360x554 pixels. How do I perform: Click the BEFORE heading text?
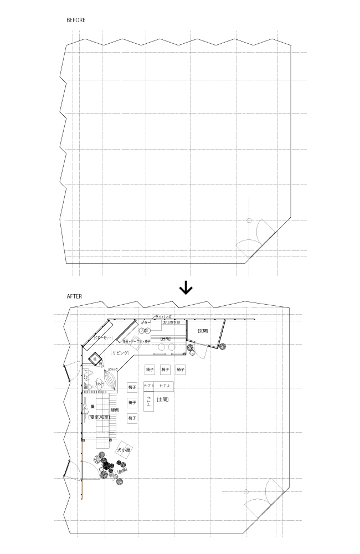pos(76,20)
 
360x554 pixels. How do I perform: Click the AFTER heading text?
pos(74,296)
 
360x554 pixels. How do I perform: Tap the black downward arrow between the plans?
pos(186,288)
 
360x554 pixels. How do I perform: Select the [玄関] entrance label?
pos(202,331)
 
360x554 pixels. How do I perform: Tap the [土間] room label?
pos(162,399)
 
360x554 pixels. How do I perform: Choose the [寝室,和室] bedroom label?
pos(99,417)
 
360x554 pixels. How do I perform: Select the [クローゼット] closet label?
pos(103,337)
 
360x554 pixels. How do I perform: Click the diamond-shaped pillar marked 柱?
pos(95,358)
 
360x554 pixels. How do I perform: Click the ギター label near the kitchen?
pos(146,322)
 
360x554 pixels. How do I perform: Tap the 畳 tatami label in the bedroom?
pos(92,406)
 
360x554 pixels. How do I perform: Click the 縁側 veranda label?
pos(115,409)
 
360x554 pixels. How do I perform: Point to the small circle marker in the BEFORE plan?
pos(249,220)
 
